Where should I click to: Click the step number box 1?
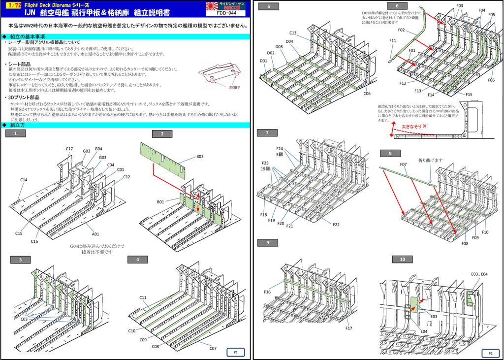[x=16, y=133]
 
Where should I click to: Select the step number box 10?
[x=402, y=260]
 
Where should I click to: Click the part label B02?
[x=200, y=157]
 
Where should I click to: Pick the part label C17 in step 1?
[x=69, y=149]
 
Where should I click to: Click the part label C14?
[x=24, y=180]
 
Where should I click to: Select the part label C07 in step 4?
[x=213, y=348]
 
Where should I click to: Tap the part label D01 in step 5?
[x=263, y=61]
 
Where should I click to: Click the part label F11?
[x=392, y=41]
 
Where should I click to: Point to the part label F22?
[x=336, y=225]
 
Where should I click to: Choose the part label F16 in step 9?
[x=267, y=292]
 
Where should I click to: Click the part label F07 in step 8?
[x=403, y=164]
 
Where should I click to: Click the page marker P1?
[x=236, y=352]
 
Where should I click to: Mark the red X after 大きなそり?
[x=424, y=127]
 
